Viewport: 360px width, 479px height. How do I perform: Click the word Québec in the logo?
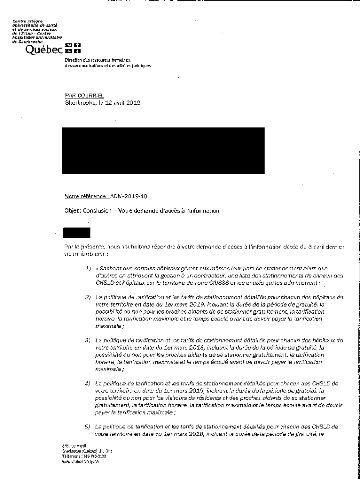pyautogui.click(x=43, y=49)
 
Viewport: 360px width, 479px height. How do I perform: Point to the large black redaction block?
pyautogui.click(x=164, y=150)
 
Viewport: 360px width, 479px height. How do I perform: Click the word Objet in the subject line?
pyautogui.click(x=72, y=210)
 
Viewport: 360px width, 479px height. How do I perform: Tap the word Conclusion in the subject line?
pyautogui.click(x=97, y=210)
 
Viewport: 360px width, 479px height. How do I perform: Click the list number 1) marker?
pyautogui.click(x=87, y=269)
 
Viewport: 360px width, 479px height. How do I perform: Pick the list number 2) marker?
pyautogui.click(x=87, y=297)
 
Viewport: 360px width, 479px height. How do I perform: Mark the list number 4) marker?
pyautogui.click(x=87, y=384)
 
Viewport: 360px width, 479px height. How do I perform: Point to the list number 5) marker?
pyautogui.click(x=87, y=427)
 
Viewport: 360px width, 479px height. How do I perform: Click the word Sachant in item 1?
pyautogui.click(x=109, y=269)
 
